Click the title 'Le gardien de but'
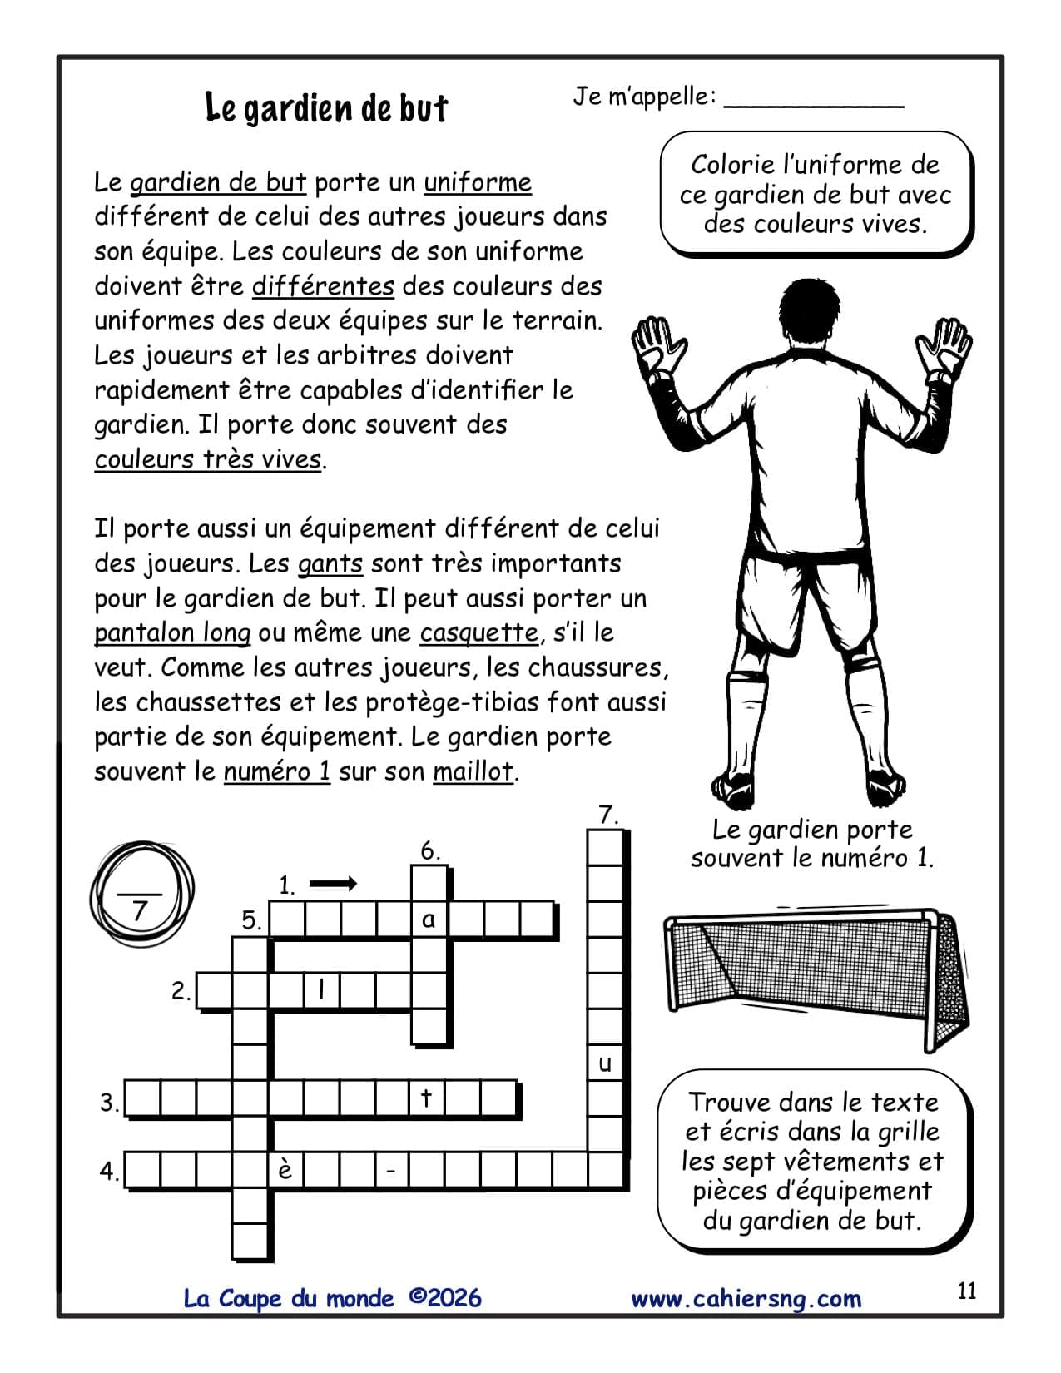coord(326,108)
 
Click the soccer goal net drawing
coord(816,974)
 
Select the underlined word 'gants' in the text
coord(330,564)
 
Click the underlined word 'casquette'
coord(478,633)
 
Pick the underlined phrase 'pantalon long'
coord(172,633)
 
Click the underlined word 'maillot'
coord(473,772)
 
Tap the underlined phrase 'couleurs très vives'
coord(208,459)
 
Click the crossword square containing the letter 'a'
coord(429,919)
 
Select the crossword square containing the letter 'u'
coord(605,1063)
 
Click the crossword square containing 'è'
coord(285,1170)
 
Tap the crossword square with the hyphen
coord(391,1171)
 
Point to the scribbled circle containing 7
coord(141,899)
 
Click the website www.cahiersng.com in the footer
coord(746,1299)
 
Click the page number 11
coord(967,1291)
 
